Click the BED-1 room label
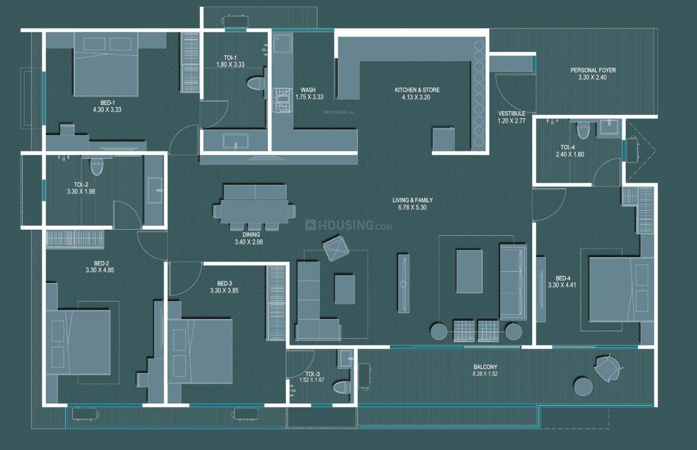(x=107, y=102)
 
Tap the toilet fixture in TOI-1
(x=256, y=84)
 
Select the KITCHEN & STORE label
(x=416, y=90)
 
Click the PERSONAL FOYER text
(x=592, y=70)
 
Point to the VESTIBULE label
(x=511, y=113)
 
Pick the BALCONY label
(x=485, y=366)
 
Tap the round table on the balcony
(x=582, y=386)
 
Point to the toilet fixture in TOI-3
(x=342, y=387)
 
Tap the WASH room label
(x=308, y=90)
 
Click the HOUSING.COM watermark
(x=349, y=226)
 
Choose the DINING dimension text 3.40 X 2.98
(x=249, y=242)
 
